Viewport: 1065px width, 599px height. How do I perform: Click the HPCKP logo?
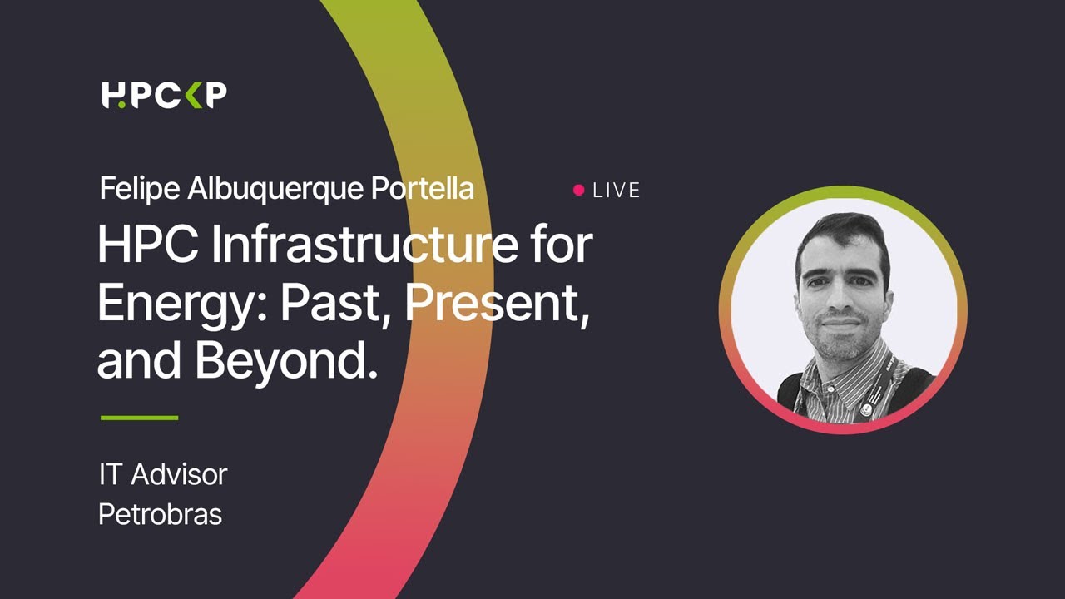[164, 95]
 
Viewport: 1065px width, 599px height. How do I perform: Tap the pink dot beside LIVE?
[579, 191]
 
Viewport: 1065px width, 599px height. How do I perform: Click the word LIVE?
[617, 191]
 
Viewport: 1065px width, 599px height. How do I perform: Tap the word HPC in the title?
[145, 246]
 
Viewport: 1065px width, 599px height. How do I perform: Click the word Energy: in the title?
[182, 305]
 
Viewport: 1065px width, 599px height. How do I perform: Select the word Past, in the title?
[337, 305]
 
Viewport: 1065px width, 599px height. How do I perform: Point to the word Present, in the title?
[497, 305]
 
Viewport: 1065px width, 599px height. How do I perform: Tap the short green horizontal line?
[139, 418]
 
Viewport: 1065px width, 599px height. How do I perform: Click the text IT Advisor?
[162, 475]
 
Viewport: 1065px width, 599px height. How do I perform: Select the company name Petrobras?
[160, 514]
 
